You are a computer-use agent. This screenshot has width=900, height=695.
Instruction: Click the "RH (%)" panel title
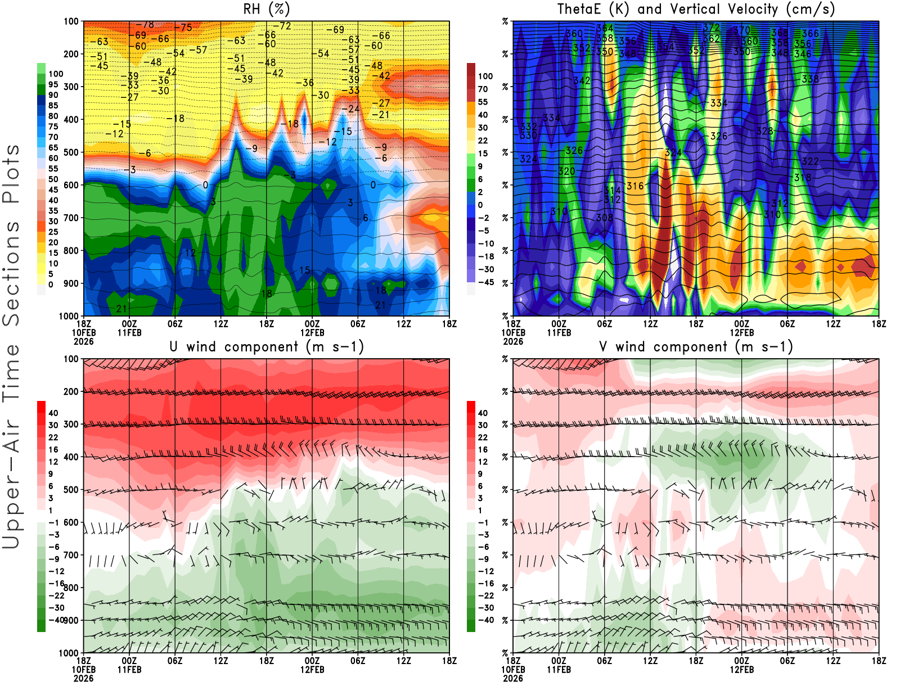pos(267,9)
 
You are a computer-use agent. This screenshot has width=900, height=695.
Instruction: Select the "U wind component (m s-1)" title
pos(267,346)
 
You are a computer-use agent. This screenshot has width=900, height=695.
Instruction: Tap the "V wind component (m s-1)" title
pos(696,346)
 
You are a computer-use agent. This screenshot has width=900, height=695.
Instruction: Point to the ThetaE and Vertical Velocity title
pos(696,9)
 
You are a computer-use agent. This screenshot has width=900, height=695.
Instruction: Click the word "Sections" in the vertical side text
pos(11,273)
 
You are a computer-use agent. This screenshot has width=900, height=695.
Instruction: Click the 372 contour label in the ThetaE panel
pos(711,27)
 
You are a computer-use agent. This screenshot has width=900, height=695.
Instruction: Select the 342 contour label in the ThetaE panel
pos(582,80)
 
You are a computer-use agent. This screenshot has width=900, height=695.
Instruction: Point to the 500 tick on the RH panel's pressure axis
pos(71,152)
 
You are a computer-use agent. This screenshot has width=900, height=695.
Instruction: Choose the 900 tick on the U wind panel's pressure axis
pos(71,620)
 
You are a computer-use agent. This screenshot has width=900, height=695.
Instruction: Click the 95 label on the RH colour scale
pos(53,84)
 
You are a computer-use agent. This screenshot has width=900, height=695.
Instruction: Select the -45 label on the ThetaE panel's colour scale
pos(485,282)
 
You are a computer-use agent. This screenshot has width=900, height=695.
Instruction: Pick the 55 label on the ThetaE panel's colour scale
pos(483,102)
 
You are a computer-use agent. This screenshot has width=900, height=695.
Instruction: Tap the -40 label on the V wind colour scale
pos(485,620)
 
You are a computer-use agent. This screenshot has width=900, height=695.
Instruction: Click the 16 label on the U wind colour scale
pos(53,449)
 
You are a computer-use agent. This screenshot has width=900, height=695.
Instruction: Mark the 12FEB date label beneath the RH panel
pos(312,332)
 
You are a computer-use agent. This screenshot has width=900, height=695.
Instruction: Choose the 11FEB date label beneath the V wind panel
pos(559,670)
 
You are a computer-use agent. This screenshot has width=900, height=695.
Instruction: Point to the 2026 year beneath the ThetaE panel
pos(513,341)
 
